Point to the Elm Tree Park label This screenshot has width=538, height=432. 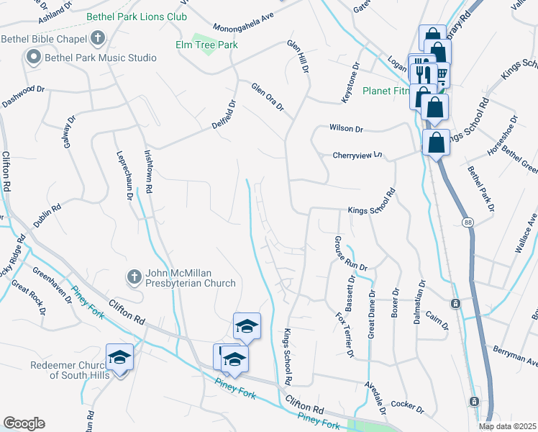pyautogui.click(x=207, y=45)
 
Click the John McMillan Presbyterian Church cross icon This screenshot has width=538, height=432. pyautogui.click(x=133, y=276)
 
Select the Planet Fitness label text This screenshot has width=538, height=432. pyautogui.click(x=386, y=91)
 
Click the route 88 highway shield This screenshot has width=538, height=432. pyautogui.click(x=468, y=221)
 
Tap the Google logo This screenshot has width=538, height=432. pyautogui.click(x=24, y=423)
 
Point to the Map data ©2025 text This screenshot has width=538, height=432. pyautogui.click(x=507, y=426)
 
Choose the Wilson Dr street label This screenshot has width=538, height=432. pyautogui.click(x=346, y=129)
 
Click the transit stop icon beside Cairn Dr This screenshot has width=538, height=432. pyautogui.click(x=455, y=303)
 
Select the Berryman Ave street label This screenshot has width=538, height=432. pyautogui.click(x=515, y=355)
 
